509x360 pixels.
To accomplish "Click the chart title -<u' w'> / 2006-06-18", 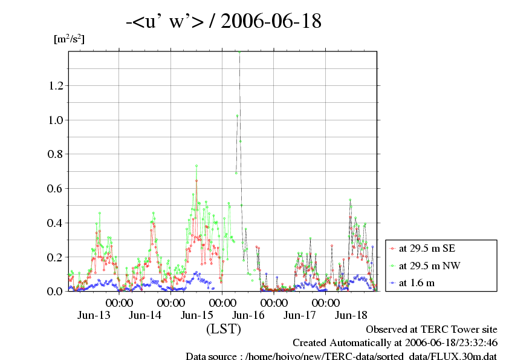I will pyautogui.click(x=223, y=22).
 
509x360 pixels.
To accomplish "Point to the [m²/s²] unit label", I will pyautogui.click(x=69, y=40).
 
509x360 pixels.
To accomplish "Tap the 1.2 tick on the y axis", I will pyautogui.click(x=55, y=86).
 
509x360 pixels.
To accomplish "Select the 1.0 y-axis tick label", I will pyautogui.click(x=55, y=120).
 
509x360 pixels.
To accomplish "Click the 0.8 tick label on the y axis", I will pyautogui.click(x=55, y=154).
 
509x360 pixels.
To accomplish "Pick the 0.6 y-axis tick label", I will pyautogui.click(x=55, y=189).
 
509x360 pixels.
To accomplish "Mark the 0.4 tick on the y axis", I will pyautogui.click(x=55, y=223).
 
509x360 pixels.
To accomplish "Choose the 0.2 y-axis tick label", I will pyautogui.click(x=55, y=257).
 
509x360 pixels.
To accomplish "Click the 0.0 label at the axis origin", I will pyautogui.click(x=55, y=292).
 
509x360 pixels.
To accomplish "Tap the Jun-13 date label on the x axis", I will pyautogui.click(x=94, y=315).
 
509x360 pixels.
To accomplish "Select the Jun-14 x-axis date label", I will pyautogui.click(x=146, y=315).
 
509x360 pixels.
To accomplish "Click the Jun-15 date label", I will pyautogui.click(x=197, y=315).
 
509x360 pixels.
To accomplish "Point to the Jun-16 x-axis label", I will pyautogui.click(x=248, y=315).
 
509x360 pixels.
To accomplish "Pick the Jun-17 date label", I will pyautogui.click(x=300, y=315).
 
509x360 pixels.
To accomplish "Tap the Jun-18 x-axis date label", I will pyautogui.click(x=351, y=315).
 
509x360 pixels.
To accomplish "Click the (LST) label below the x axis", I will pyautogui.click(x=224, y=330).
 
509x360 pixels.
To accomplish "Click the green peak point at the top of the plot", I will pyautogui.click(x=240, y=52).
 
